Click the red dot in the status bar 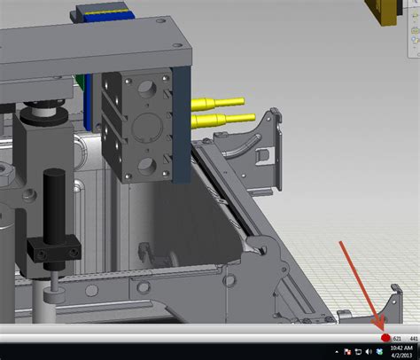click(x=385, y=338)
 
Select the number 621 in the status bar click(x=397, y=338)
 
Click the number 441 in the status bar click(x=413, y=338)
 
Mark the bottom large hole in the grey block click(x=145, y=165)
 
